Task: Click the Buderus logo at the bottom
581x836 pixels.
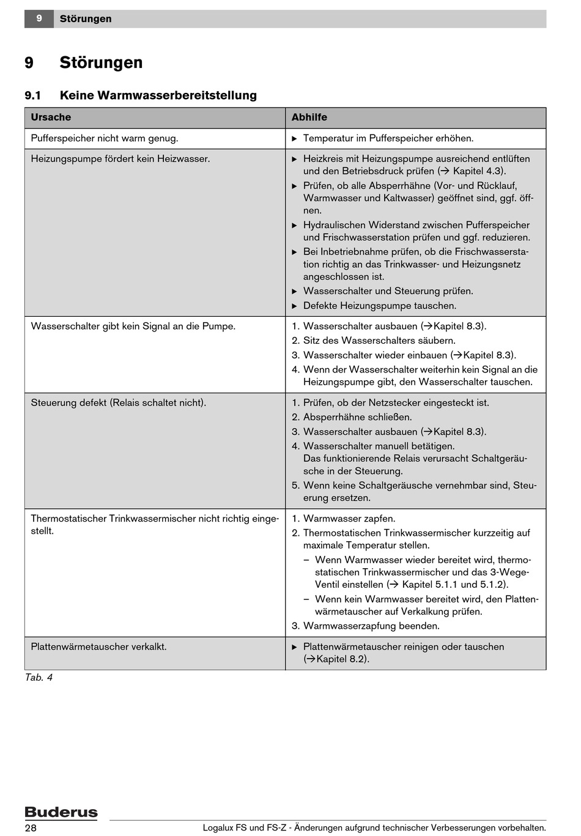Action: click(61, 812)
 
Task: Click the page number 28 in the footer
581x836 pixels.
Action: click(31, 828)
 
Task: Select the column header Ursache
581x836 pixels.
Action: click(51, 117)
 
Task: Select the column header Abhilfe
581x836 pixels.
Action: click(309, 117)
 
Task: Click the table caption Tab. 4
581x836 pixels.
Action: click(39, 677)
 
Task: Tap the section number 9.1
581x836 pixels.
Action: click(32, 95)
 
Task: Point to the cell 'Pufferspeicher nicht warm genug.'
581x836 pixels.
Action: click(105, 138)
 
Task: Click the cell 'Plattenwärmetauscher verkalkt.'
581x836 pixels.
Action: click(98, 646)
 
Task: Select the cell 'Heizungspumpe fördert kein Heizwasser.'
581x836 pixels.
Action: click(120, 159)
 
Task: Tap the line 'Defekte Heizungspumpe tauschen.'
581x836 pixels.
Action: click(380, 306)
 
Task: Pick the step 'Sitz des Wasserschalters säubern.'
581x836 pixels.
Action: click(379, 341)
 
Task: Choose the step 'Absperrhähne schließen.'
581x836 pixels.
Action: click(357, 417)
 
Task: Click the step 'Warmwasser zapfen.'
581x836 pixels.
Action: click(349, 519)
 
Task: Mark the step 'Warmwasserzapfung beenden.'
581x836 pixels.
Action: click(371, 626)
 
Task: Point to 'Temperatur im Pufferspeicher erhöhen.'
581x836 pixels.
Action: click(388, 138)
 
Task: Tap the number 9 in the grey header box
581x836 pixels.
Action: click(39, 19)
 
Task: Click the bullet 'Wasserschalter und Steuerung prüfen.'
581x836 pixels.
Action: click(388, 291)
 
